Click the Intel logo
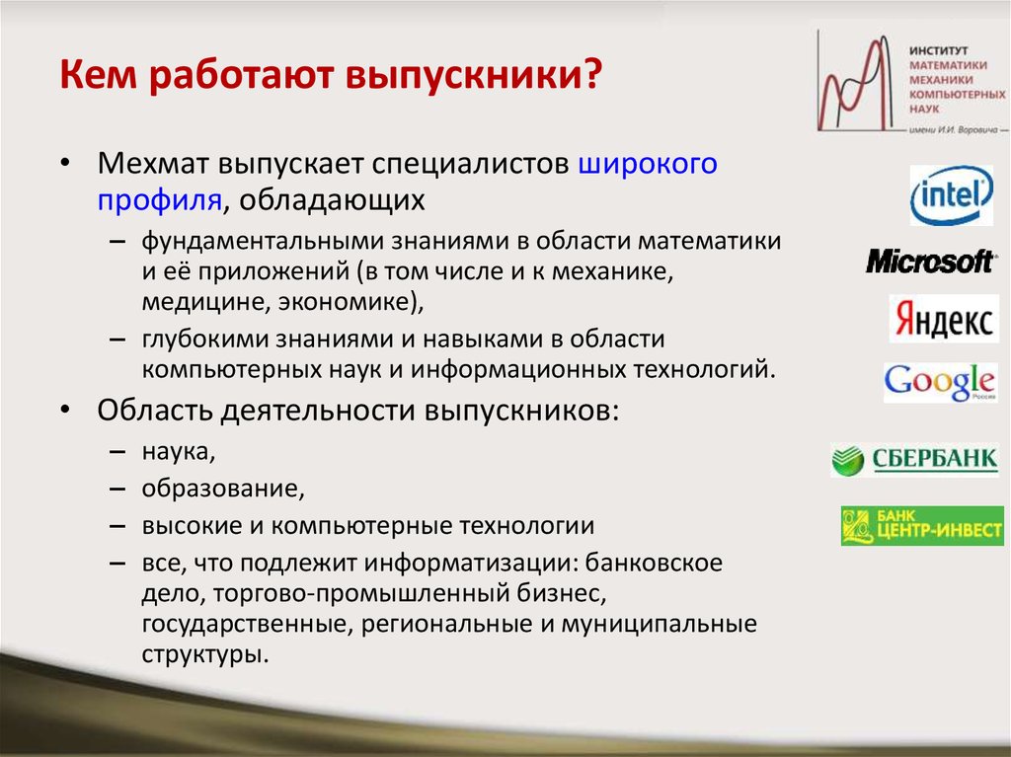952,195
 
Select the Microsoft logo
930,262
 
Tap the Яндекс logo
944,319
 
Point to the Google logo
941,382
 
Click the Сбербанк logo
915,460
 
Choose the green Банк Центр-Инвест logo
923,525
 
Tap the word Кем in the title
98,74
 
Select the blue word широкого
648,165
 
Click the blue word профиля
160,200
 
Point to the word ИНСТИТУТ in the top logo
938,50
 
